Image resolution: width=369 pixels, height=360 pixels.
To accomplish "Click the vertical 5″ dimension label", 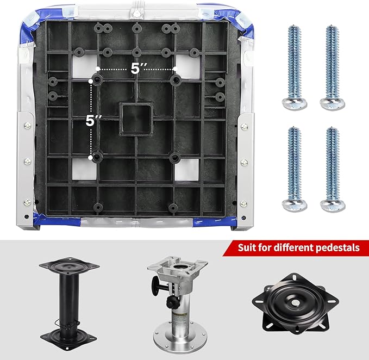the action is tap(93, 121).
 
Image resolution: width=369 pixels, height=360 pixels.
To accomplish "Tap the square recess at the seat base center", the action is tap(136, 119).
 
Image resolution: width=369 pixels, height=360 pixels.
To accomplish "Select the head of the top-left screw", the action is tap(295, 103).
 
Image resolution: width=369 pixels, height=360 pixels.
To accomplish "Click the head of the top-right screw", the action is tap(332, 103).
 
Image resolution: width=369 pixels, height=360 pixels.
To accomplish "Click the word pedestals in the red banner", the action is tap(337, 247).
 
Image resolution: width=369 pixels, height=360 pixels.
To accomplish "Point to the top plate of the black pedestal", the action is tap(70, 266).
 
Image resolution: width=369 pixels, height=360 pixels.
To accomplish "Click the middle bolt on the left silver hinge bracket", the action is tap(28, 162).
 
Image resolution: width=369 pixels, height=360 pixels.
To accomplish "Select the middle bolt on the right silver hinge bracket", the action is tap(244, 162).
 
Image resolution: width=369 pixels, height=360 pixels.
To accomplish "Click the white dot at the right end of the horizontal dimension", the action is tap(175, 69).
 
